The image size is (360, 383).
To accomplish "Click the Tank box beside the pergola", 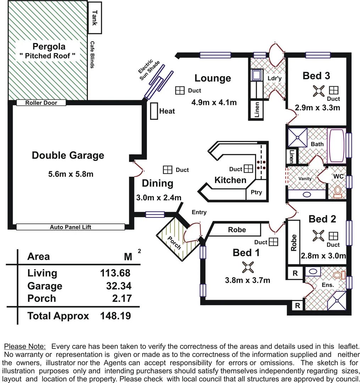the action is (94, 18).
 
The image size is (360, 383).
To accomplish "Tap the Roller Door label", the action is (41, 103).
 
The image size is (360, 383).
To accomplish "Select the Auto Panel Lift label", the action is (70, 227).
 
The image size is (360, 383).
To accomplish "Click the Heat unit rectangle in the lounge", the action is (154, 111).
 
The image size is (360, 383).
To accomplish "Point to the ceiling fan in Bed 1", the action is (247, 267).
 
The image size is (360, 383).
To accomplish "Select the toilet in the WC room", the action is (338, 191).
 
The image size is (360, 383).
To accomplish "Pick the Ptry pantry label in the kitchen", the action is (256, 192).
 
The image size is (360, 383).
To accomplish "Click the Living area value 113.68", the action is (115, 273).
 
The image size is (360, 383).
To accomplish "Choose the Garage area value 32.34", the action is (119, 286).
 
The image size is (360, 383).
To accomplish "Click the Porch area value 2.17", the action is (122, 299).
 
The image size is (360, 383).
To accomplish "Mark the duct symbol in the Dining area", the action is (167, 170).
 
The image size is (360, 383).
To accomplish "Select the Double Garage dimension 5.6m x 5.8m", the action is (70, 174).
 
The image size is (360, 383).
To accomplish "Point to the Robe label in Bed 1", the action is (237, 230).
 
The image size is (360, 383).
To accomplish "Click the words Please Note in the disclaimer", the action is (25, 346).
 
